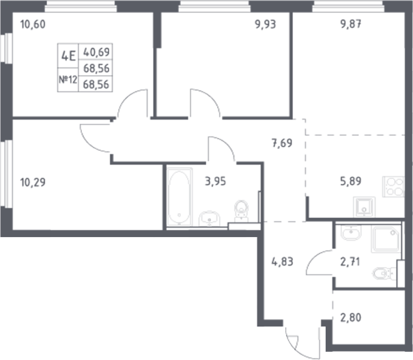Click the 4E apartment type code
click(x=68, y=57)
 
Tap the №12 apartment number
click(x=68, y=81)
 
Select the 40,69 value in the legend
click(x=96, y=52)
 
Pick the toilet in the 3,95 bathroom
click(x=240, y=209)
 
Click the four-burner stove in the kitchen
click(x=393, y=186)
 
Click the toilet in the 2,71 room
click(x=384, y=275)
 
